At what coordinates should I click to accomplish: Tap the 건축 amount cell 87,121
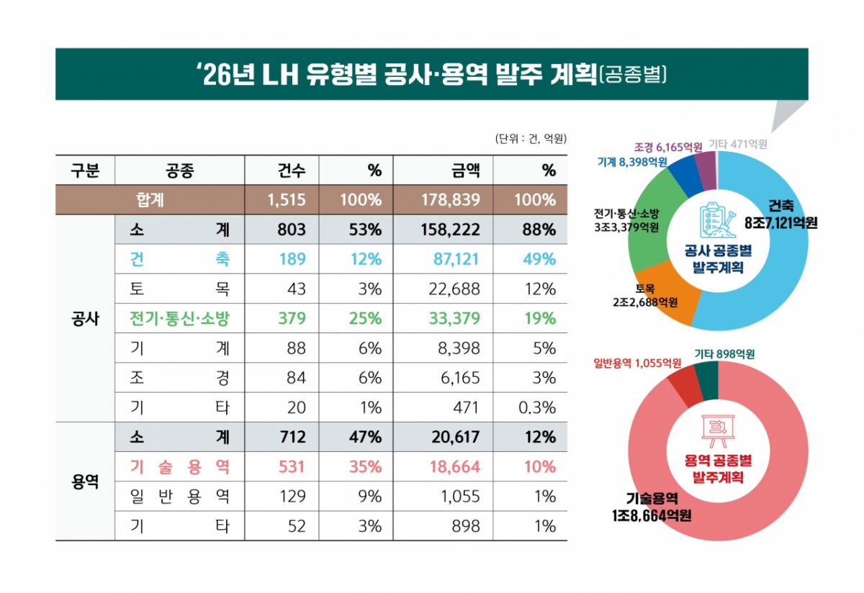(451, 259)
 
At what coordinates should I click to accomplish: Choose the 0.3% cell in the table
(536, 407)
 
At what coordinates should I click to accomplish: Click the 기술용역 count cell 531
(292, 466)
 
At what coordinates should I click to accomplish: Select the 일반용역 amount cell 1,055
(459, 497)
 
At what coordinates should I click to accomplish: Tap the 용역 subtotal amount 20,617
(451, 437)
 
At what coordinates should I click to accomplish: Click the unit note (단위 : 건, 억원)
(531, 138)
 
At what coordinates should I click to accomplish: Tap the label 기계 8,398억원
(631, 162)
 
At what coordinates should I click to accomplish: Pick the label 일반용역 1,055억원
(636, 362)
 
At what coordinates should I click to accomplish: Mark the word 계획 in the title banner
(567, 75)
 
